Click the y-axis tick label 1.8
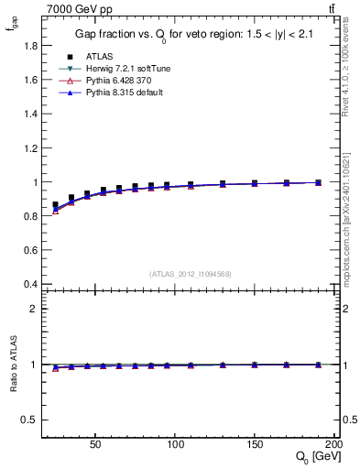(x=30, y=45)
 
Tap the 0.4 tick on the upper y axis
(x=30, y=283)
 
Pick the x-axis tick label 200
(x=333, y=443)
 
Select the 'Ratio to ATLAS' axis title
(x=13, y=365)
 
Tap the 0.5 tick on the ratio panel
(x=30, y=420)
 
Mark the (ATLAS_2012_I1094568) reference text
(x=191, y=274)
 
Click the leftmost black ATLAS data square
(x=55, y=205)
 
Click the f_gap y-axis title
(x=13, y=27)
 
